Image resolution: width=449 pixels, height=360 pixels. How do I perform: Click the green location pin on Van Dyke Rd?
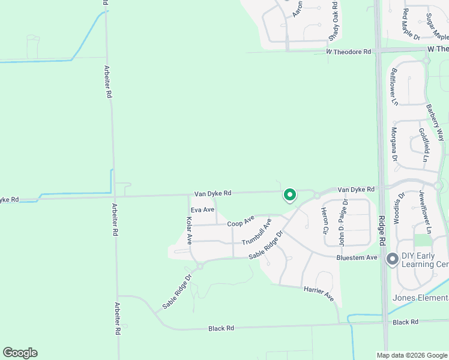click(x=289, y=195)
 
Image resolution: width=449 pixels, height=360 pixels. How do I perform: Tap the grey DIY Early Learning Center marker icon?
click(x=393, y=259)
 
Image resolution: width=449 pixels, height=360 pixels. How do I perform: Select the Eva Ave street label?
click(x=202, y=209)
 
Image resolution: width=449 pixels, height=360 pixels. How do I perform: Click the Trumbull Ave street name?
click(x=256, y=232)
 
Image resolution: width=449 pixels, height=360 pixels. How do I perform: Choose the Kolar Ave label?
click(x=189, y=230)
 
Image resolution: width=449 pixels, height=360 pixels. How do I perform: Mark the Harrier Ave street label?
click(x=318, y=292)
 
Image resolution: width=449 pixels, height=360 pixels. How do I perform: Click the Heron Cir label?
click(x=325, y=220)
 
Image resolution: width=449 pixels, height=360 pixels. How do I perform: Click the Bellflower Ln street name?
click(x=394, y=87)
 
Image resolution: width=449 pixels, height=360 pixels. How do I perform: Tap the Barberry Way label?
click(x=435, y=123)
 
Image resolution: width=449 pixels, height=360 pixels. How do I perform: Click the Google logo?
click(x=20, y=353)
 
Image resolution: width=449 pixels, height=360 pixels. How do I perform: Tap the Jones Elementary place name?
click(x=420, y=298)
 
